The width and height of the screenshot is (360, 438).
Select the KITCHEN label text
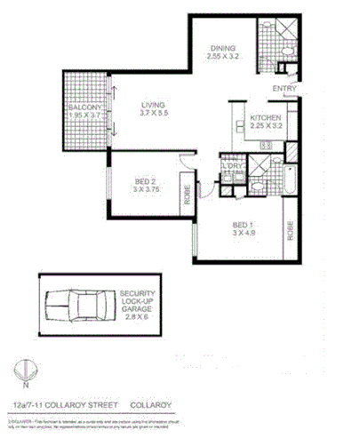tap(266, 118)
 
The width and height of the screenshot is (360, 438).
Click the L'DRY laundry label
tap(234, 165)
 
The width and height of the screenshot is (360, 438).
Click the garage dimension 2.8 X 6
tap(140, 316)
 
